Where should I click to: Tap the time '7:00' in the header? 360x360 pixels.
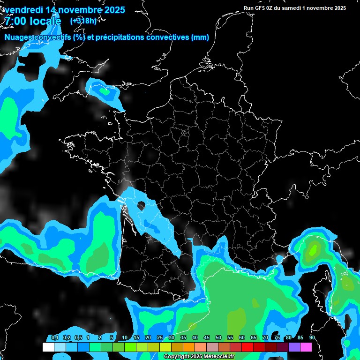click(15, 21)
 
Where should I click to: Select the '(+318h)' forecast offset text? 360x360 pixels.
click(83, 21)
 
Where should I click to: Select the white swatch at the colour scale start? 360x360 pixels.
click(48, 347)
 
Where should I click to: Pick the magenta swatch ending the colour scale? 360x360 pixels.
click(306, 347)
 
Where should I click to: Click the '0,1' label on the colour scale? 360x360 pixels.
click(55, 338)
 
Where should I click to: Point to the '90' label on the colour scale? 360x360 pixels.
click(312, 338)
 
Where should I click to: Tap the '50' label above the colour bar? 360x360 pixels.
click(218, 338)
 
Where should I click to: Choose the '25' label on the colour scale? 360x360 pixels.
click(160, 338)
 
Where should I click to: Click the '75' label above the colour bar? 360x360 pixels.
click(277, 338)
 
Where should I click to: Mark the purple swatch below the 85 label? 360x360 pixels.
click(294, 347)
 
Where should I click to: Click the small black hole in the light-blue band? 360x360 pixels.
click(140, 205)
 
